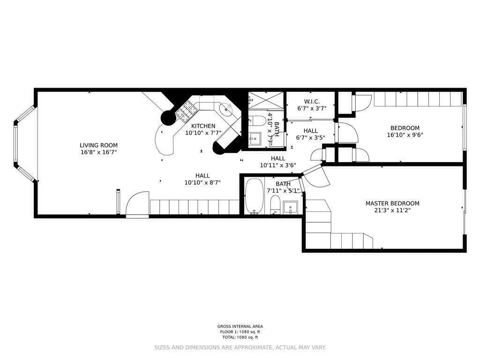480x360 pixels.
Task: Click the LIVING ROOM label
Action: coord(98,145)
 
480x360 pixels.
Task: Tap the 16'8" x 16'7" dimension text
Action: coord(98,152)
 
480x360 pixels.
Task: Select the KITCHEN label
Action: coord(203,126)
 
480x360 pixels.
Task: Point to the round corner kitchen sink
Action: coord(226,109)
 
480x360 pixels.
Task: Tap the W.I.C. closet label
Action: coord(312,101)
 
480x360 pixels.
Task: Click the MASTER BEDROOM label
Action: coord(392,203)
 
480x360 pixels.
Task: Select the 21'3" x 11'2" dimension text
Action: coord(392,210)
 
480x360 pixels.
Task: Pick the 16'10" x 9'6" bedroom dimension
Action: coord(405,135)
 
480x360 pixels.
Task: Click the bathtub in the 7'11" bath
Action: coord(254,196)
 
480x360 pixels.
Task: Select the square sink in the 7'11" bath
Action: coord(291,206)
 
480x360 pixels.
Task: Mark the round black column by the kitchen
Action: coord(168,118)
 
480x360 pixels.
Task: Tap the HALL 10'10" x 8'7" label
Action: coord(202,179)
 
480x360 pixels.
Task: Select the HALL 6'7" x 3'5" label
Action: coord(310,135)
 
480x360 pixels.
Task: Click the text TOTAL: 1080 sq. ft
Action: coord(240,337)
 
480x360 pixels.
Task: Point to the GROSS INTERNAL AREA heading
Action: coord(240,326)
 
